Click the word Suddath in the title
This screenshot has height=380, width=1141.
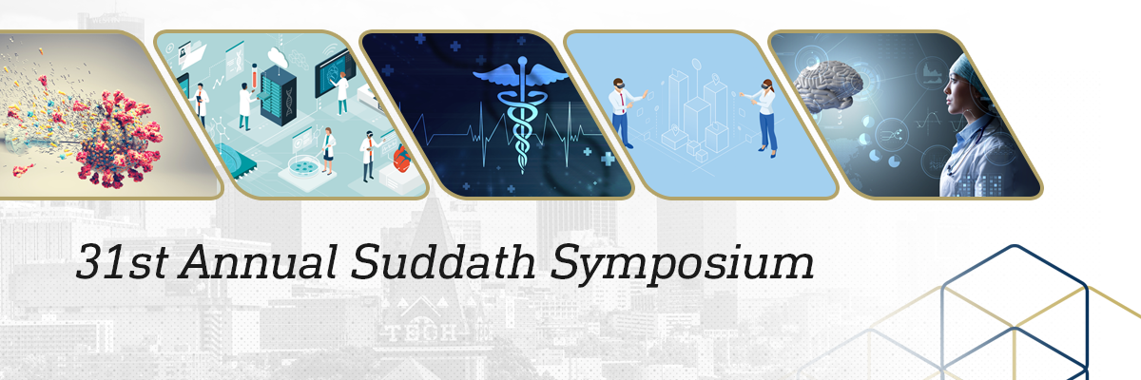click(443, 261)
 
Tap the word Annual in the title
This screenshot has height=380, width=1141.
click(259, 261)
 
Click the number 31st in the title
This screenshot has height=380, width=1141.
click(123, 261)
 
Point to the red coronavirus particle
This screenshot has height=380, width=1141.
click(117, 138)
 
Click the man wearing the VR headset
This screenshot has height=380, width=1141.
click(624, 113)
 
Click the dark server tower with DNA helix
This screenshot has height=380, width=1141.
click(279, 96)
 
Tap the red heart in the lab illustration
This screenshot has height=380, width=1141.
click(401, 158)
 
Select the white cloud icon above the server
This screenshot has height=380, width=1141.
click(278, 56)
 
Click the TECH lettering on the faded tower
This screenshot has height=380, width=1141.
click(420, 333)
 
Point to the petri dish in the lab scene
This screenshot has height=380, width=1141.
click(304, 165)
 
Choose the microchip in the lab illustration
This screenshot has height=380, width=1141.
click(233, 161)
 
